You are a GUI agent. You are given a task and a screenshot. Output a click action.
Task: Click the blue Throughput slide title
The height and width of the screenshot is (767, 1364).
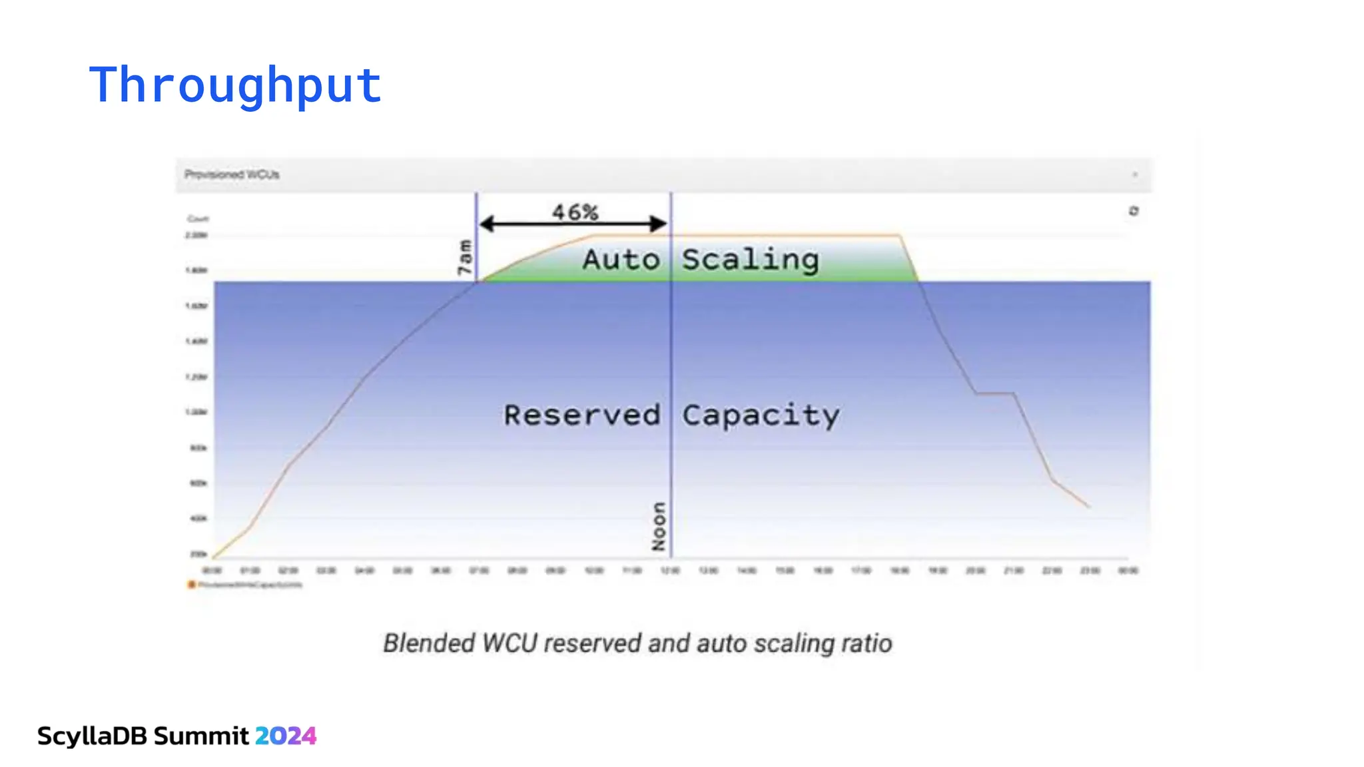tap(235, 85)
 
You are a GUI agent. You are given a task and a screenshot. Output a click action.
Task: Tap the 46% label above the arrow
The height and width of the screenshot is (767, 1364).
tap(575, 212)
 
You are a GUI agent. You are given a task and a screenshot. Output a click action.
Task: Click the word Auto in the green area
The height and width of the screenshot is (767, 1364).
tap(621, 259)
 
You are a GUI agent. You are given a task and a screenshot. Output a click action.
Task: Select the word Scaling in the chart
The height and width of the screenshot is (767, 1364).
tap(750, 259)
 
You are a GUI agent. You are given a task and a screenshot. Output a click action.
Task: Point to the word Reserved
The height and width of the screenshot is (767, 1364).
tap(581, 415)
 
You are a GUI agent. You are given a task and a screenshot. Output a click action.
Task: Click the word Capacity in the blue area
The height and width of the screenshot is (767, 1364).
tap(761, 415)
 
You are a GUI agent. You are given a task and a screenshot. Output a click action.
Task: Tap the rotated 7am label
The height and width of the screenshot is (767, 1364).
tap(464, 257)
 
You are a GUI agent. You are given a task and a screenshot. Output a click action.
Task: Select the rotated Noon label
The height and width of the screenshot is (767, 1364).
tap(659, 526)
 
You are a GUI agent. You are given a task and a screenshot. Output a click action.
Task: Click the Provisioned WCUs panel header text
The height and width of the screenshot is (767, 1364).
tap(232, 174)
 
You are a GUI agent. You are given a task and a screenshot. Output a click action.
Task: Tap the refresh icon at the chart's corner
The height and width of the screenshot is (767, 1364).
tap(1134, 211)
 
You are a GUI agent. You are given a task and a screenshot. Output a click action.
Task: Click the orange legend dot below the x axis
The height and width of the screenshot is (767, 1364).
tap(191, 585)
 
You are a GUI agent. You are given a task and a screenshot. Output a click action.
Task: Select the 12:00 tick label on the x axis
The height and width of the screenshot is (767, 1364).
tap(670, 571)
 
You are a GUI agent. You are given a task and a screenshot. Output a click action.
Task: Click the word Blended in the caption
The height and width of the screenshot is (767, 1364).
tap(429, 643)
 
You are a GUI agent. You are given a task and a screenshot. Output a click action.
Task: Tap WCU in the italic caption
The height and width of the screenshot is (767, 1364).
tap(510, 643)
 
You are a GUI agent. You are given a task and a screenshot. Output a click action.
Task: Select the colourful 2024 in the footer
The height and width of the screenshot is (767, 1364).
tap(286, 736)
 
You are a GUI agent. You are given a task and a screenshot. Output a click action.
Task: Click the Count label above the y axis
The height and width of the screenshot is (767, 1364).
tap(198, 218)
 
